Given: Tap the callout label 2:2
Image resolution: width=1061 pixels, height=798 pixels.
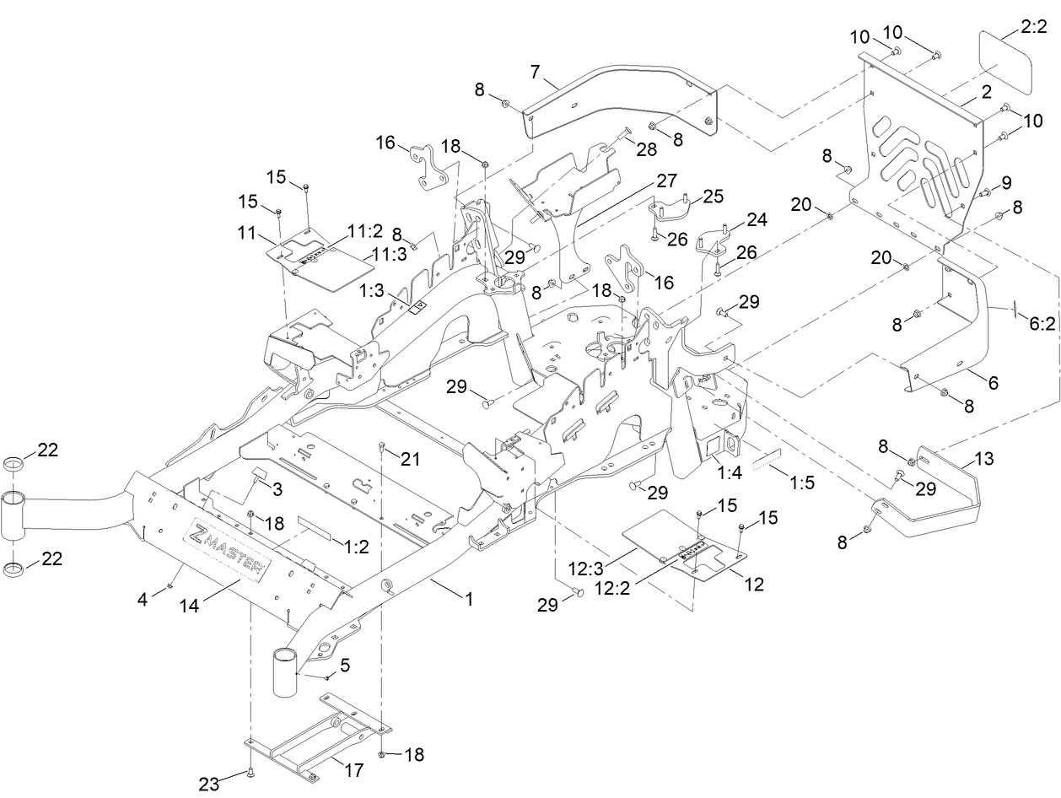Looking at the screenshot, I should click(x=1034, y=28).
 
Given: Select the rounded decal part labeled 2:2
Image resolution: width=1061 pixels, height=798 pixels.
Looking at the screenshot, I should click(x=1005, y=64).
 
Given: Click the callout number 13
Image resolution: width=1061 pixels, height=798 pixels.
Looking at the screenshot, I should click(x=983, y=459).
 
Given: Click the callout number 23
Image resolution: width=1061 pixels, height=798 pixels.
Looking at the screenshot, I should click(x=209, y=784).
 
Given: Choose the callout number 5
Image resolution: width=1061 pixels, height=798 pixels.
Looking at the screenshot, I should click(x=344, y=666).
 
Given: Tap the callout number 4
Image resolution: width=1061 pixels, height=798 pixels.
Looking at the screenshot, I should click(x=143, y=600).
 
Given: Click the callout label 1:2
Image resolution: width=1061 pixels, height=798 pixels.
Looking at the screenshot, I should click(x=357, y=547).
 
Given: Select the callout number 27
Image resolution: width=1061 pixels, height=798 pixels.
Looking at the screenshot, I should click(x=666, y=180).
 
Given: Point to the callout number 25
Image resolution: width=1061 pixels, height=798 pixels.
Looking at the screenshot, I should click(x=714, y=196).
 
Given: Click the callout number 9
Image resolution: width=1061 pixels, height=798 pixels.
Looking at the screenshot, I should click(x=1005, y=181).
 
